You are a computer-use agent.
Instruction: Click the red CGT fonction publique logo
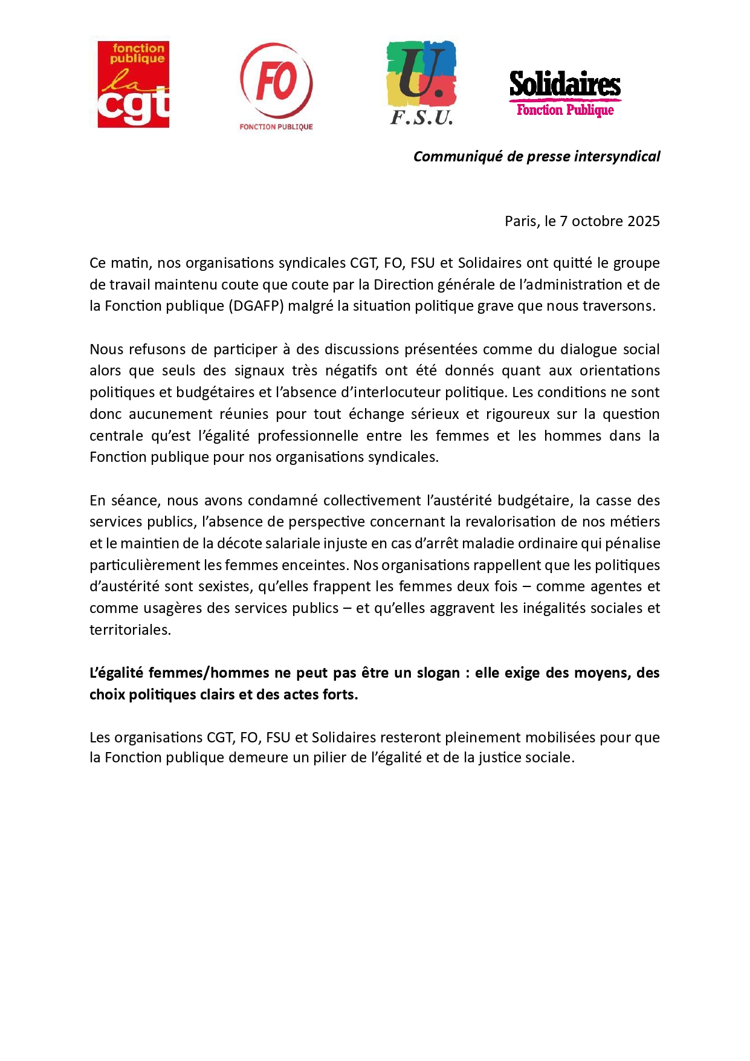[x=134, y=84]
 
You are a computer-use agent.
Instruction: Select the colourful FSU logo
[x=421, y=82]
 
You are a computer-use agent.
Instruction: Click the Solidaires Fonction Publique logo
[x=565, y=92]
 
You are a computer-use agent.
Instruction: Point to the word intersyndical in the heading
[x=617, y=157]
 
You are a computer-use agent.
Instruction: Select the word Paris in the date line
[x=520, y=221]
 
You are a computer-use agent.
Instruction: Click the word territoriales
[x=130, y=630]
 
